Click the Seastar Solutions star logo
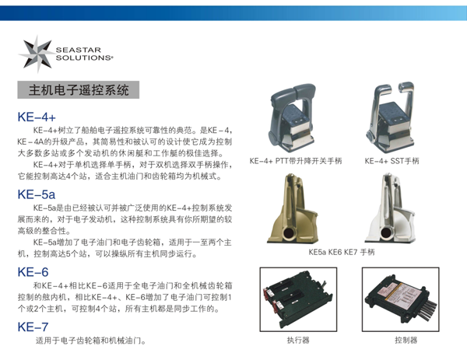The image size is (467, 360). (37, 54)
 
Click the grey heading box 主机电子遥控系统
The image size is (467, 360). (79, 89)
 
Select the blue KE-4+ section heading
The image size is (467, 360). (37, 117)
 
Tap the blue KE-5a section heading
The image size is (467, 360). (37, 194)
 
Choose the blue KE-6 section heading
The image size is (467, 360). (33, 272)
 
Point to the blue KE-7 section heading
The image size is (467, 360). (33, 327)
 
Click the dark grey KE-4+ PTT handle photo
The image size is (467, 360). (292, 118)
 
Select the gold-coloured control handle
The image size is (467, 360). (293, 208)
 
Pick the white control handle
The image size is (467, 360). (390, 208)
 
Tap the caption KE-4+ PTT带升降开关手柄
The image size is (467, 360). (296, 161)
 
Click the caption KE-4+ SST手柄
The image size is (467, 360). (392, 161)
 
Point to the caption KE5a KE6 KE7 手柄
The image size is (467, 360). (342, 252)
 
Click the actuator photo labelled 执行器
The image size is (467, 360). (298, 299)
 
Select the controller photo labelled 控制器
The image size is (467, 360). (401, 299)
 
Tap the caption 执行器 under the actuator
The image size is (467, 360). (298, 340)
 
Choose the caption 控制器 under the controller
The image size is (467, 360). (406, 340)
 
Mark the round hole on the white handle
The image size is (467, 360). (387, 232)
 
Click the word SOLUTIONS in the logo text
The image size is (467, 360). (84, 58)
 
